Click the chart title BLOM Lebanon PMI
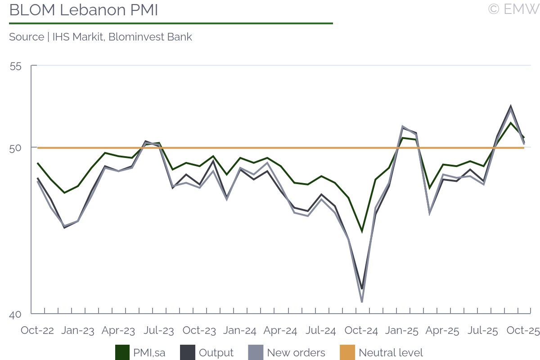(84, 10)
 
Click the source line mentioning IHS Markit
(100, 37)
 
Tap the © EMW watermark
(513, 9)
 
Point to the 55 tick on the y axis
(15, 66)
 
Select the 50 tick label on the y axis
(15, 148)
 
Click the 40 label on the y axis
(15, 315)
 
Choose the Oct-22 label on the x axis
(37, 331)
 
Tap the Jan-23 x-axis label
(78, 331)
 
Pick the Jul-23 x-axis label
(159, 331)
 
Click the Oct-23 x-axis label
(199, 331)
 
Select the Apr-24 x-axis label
(280, 331)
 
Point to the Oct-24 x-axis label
(361, 331)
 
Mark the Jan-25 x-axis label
(402, 331)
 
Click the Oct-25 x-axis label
(523, 331)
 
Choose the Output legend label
(216, 353)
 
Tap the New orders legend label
(296, 353)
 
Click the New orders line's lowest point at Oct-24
(362, 301)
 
